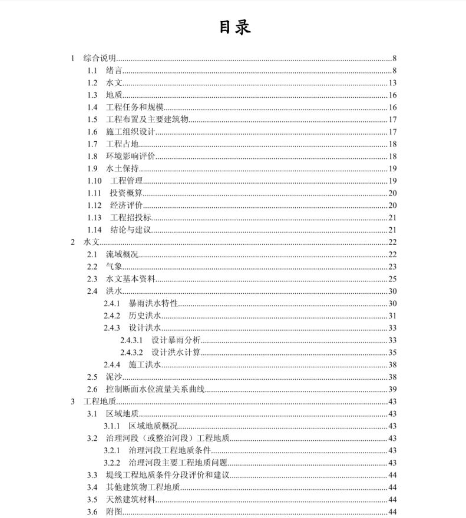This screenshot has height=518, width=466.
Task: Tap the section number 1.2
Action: pyautogui.click(x=92, y=83)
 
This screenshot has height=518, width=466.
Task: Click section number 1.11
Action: pyautogui.click(x=94, y=193)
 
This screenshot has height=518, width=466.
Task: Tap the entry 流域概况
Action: pyautogui.click(x=122, y=254)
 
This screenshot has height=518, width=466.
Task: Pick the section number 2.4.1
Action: pyautogui.click(x=112, y=303)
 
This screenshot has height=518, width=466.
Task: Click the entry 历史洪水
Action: pyautogui.click(x=144, y=316)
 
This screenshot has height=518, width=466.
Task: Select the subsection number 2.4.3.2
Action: pyautogui.click(x=132, y=353)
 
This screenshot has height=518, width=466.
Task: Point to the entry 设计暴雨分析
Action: pyautogui.click(x=176, y=340)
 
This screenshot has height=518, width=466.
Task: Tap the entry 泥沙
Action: pyautogui.click(x=114, y=377)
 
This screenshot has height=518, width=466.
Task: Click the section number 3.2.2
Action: pyautogui.click(x=112, y=463)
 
